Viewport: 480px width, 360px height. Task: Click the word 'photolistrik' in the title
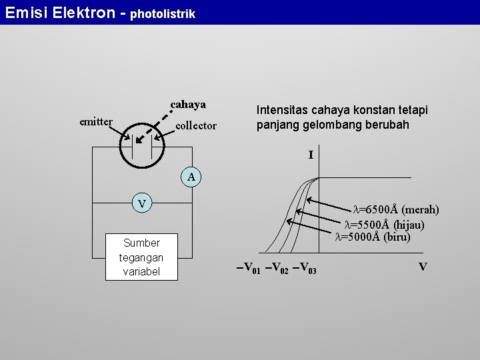tap(163, 13)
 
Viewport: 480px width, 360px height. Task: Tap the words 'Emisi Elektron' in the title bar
tap(59, 12)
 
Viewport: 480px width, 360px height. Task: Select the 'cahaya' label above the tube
tap(188, 105)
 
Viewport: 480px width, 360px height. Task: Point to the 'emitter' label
tap(96, 121)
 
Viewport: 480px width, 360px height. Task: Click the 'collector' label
tap(196, 125)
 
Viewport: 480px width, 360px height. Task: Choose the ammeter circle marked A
tap(191, 177)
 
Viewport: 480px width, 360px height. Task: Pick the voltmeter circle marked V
tap(141, 203)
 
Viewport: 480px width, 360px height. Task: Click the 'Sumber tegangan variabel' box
tap(141, 257)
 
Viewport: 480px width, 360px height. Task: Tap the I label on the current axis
tap(311, 155)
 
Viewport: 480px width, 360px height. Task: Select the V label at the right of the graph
tap(423, 267)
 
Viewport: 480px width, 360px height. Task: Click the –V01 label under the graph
tap(248, 269)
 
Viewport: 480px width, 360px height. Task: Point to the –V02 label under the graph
tap(276, 269)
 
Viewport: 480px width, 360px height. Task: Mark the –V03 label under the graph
tap(304, 269)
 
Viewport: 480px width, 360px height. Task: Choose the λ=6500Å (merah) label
tap(395, 210)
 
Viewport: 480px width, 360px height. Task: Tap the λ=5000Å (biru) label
tap(372, 237)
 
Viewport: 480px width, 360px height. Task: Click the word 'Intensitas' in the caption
tap(282, 110)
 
